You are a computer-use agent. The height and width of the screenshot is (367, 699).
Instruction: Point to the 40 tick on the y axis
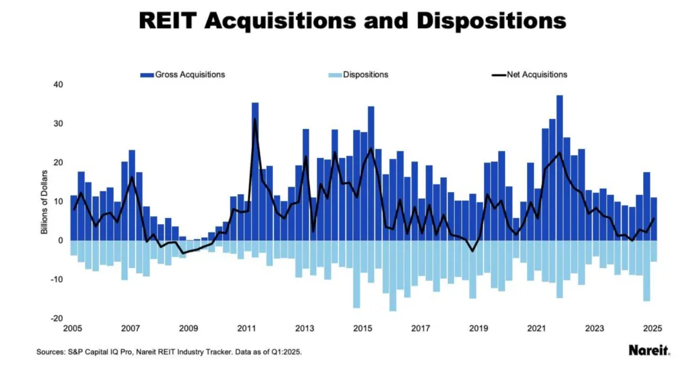point(58,85)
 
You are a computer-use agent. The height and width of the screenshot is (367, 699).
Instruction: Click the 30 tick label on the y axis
point(58,124)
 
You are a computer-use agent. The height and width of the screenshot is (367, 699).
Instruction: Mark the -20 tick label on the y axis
point(57,318)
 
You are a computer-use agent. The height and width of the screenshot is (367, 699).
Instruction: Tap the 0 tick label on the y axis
point(60,241)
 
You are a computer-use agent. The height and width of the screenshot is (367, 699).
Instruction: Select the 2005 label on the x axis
point(73,328)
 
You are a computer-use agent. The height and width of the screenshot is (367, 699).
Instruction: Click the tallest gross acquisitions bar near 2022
point(560,167)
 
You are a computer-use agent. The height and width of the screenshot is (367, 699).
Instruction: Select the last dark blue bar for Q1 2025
point(653,219)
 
